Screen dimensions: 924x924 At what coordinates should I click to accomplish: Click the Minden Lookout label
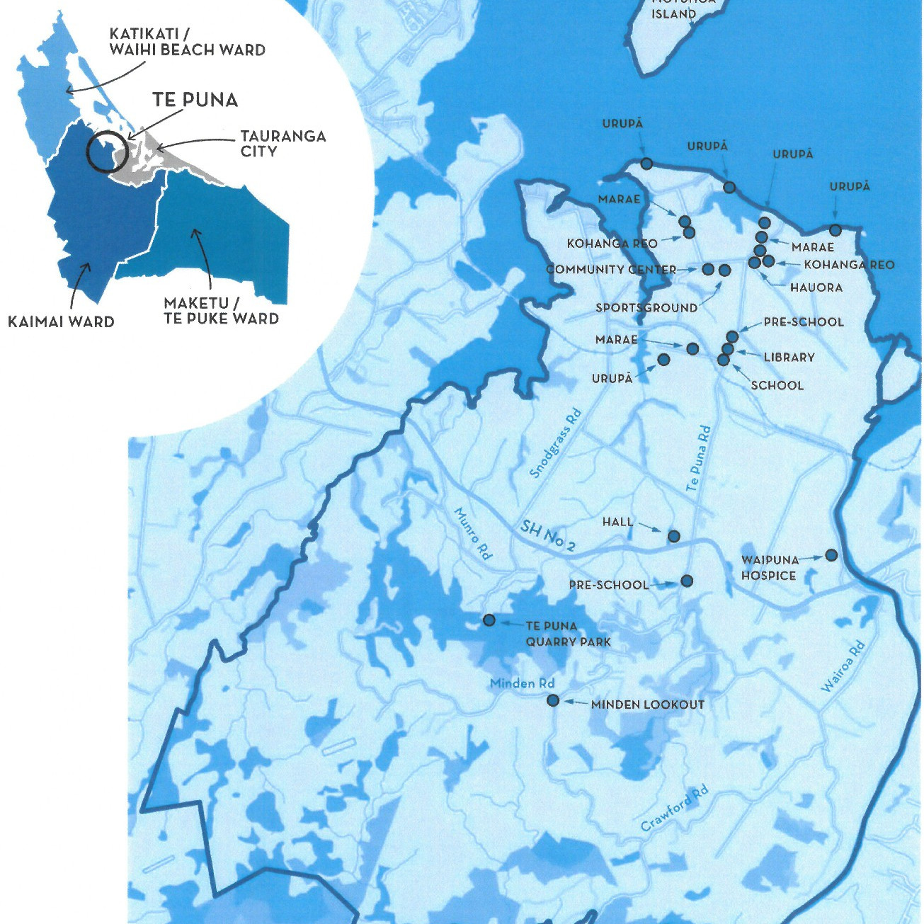(647, 705)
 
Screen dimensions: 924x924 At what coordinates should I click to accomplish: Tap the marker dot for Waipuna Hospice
(831, 555)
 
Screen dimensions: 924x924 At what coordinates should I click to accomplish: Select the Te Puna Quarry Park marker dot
(489, 620)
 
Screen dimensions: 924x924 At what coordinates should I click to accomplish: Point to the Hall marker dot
(673, 536)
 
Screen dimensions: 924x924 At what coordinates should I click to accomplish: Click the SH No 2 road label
(547, 535)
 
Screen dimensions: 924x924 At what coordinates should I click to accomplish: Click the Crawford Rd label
(674, 808)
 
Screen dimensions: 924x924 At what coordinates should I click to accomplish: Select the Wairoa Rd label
(843, 666)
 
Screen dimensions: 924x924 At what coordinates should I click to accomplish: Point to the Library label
(789, 358)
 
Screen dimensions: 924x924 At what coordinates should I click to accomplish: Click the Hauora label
(816, 287)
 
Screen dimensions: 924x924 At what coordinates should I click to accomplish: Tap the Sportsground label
(646, 308)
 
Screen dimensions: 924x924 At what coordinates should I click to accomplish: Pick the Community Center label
(610, 270)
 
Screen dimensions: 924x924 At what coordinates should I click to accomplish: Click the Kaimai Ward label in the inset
(61, 322)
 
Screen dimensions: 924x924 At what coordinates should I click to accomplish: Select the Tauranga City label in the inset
(283, 143)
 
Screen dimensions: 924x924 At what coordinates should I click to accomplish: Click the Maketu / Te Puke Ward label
(221, 311)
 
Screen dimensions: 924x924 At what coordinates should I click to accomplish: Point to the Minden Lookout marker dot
(553, 701)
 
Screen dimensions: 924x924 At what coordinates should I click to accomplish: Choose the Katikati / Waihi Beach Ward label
(187, 42)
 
